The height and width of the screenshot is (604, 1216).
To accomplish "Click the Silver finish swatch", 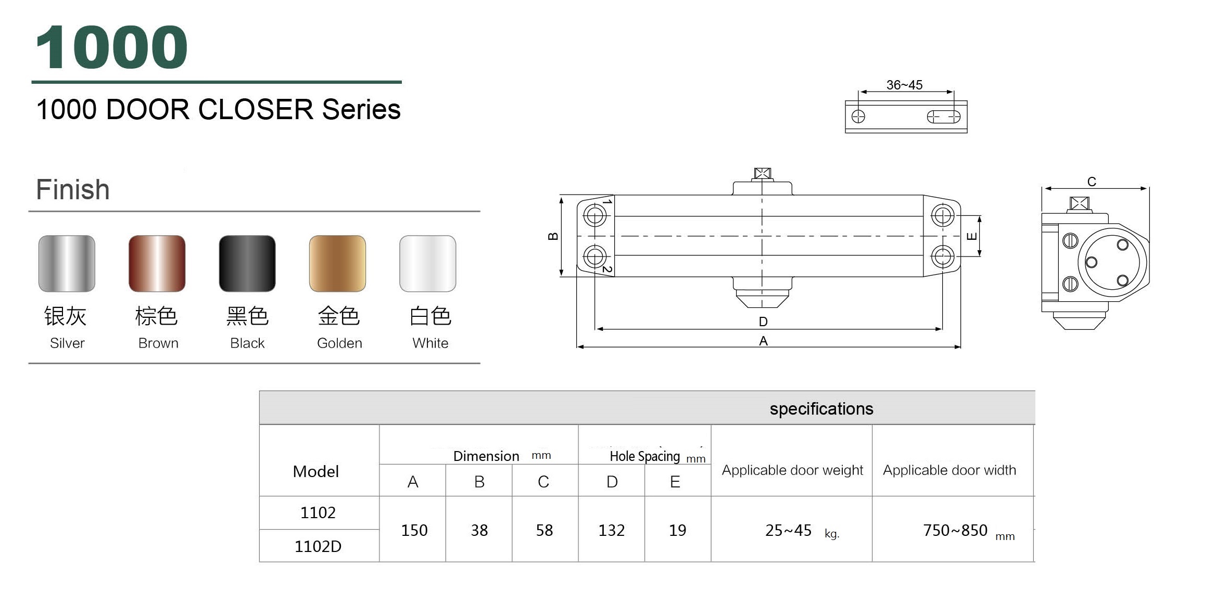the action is (67, 263).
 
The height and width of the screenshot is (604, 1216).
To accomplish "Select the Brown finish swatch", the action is (157, 263).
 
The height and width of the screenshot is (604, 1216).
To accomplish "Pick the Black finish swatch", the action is (247, 263).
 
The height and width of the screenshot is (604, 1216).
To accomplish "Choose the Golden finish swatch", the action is (337, 263).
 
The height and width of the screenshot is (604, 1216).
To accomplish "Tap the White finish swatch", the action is (428, 263).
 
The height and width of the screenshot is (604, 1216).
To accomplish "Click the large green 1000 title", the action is (112, 47).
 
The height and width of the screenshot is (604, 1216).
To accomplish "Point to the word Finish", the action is (73, 189).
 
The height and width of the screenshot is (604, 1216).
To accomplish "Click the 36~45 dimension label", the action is (904, 85).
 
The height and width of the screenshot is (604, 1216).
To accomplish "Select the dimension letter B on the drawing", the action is (553, 236).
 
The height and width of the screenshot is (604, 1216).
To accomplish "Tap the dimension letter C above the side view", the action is (1092, 182).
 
